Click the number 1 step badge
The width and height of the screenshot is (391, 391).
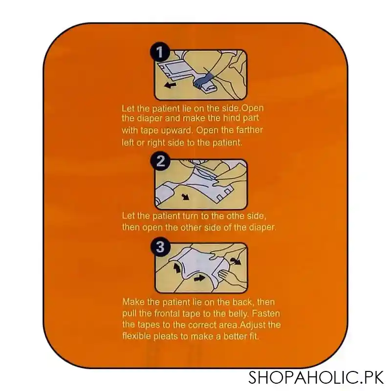(x=160, y=52)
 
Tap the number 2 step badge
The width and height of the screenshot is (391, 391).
(x=160, y=161)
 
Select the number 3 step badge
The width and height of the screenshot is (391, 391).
(x=161, y=247)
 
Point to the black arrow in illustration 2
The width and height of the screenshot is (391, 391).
(x=186, y=197)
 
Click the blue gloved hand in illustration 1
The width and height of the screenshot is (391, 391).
(x=203, y=80)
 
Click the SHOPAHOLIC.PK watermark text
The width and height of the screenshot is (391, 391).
(x=316, y=377)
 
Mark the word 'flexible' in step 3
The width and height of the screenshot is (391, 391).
(x=136, y=336)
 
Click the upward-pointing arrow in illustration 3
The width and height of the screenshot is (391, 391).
(x=177, y=268)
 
